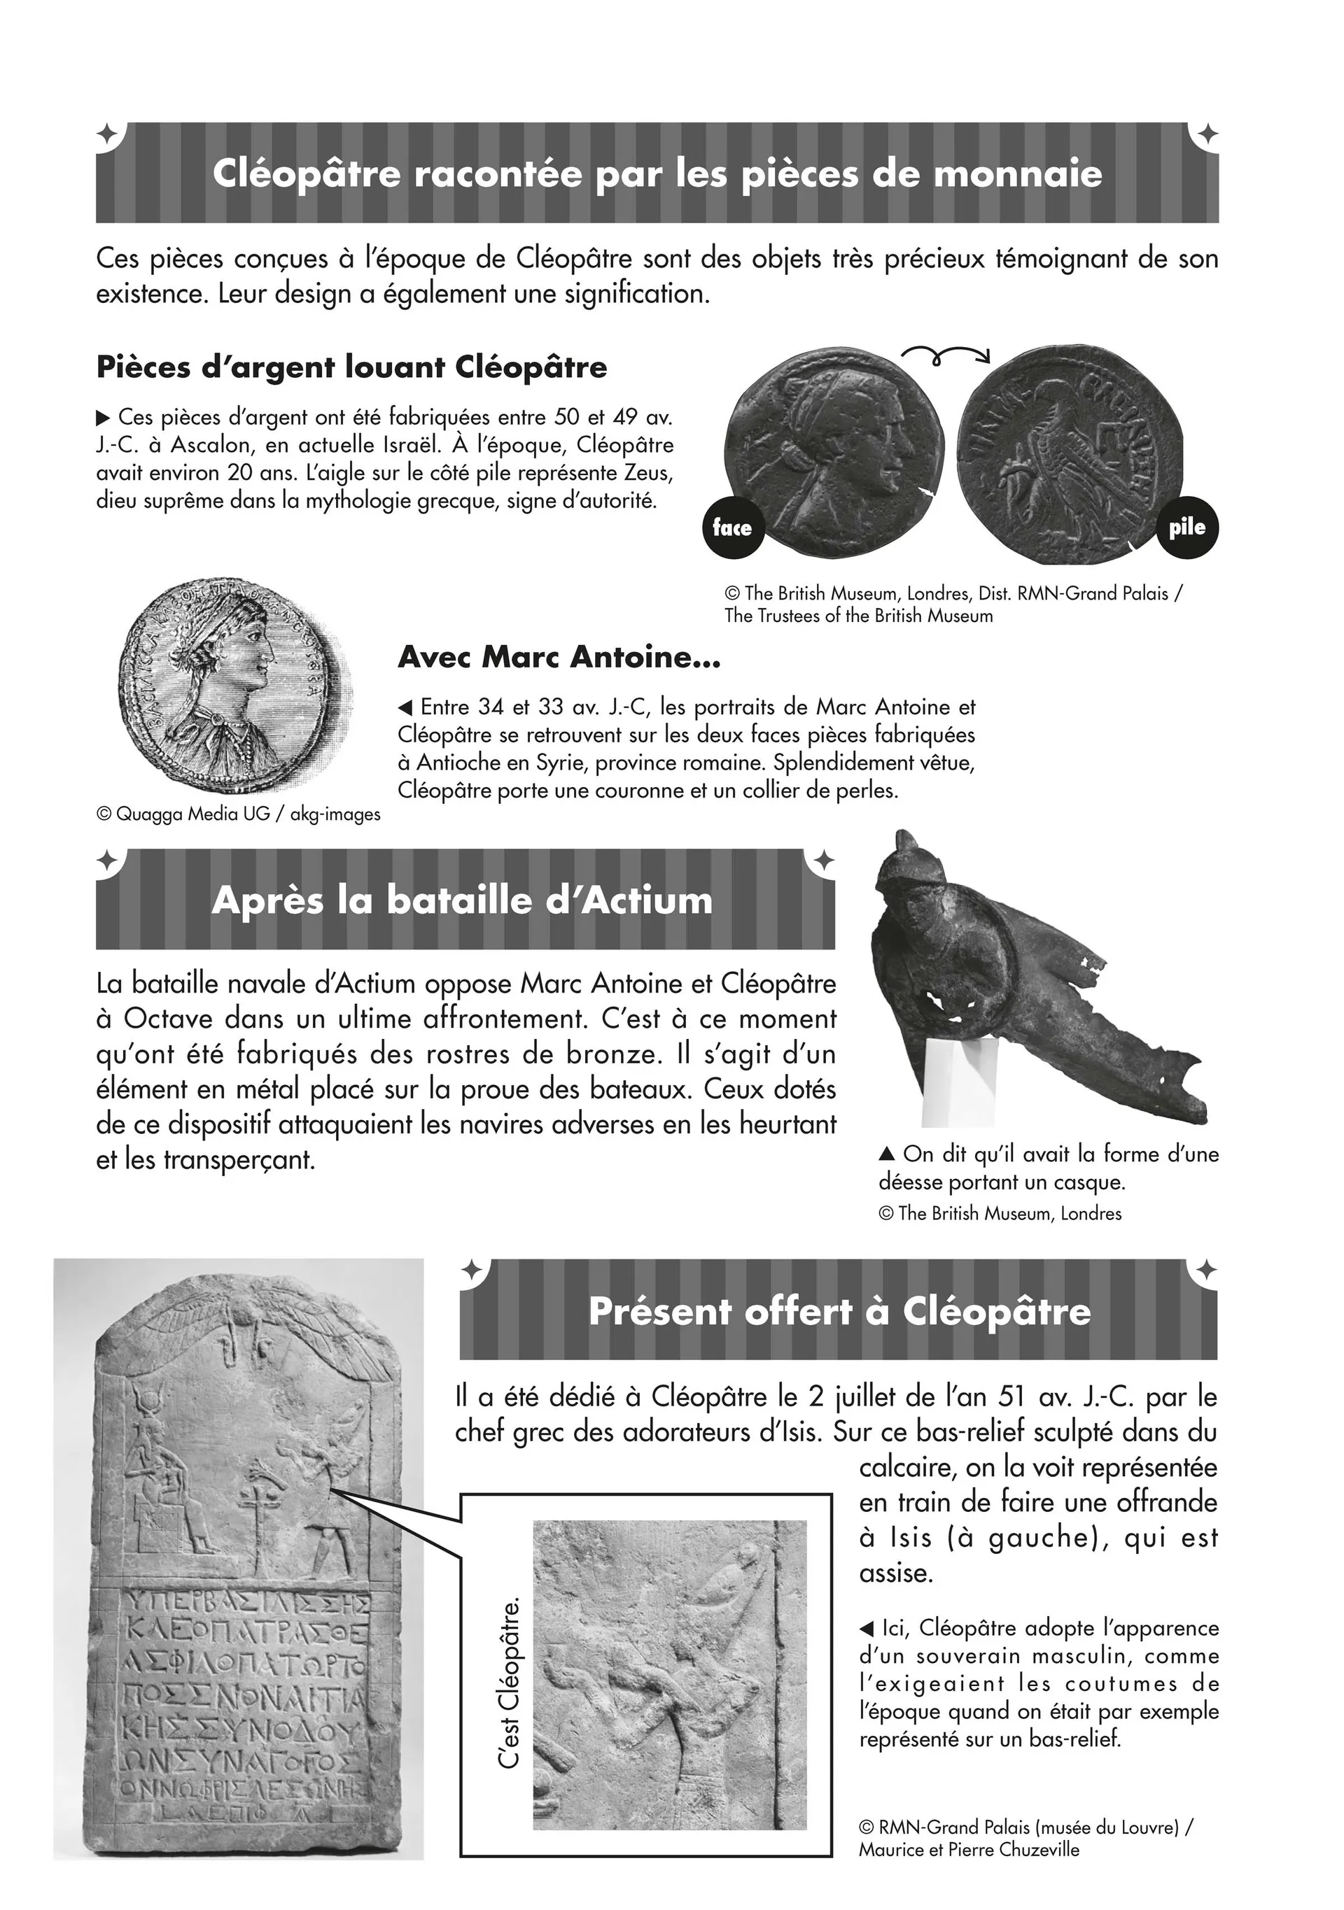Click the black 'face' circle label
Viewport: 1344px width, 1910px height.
coord(732,528)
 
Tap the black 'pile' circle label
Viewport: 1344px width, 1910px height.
coord(1186,527)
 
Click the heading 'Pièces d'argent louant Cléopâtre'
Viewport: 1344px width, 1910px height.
coord(351,367)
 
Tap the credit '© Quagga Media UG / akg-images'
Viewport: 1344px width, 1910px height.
coord(239,814)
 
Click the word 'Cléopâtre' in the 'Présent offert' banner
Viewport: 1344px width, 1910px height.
coord(996,1312)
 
